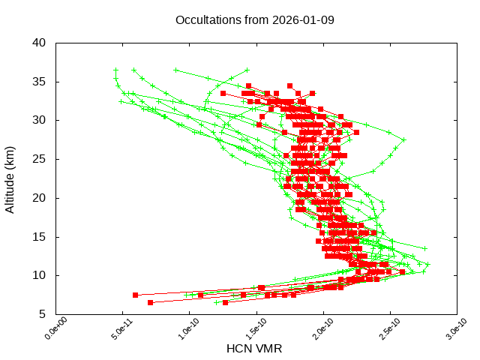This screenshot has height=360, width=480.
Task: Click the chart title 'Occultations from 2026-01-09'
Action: point(247,20)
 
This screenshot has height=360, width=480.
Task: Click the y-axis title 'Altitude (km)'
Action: point(10,178)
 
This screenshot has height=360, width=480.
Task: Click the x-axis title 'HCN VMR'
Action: point(255,349)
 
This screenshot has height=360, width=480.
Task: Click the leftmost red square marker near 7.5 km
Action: point(136,295)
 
